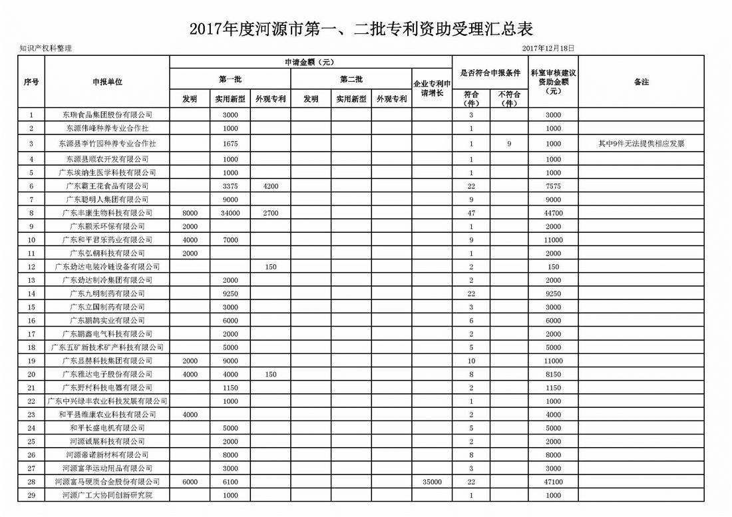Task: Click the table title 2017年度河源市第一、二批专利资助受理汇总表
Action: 361,29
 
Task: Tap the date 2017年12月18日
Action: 548,48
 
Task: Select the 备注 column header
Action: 641,81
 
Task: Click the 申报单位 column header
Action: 108,81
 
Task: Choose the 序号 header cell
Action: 31,81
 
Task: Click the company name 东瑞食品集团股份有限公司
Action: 108,114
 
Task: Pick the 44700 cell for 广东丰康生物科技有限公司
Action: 553,213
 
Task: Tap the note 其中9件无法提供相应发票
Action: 641,143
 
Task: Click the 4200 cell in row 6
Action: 270,186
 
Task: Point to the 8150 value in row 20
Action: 553,375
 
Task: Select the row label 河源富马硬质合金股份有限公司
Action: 108,482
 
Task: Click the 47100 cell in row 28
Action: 553,482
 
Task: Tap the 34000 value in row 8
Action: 230,213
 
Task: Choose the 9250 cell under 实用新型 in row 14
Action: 230,293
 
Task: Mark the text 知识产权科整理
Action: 45,48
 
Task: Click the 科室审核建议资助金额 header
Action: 553,81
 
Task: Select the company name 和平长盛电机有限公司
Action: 108,428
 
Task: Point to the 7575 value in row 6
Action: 553,186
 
